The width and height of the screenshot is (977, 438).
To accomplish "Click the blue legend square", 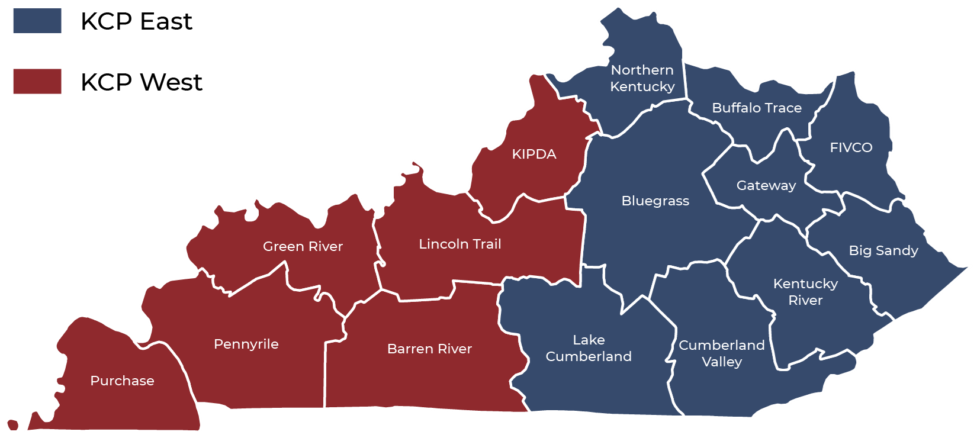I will point(37,21).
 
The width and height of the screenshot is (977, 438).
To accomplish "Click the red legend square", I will point(37,81).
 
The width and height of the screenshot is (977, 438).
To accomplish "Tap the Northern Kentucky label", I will point(642,78).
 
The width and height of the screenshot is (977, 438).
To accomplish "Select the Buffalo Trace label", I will point(757,108).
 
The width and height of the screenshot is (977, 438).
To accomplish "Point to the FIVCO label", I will point(851,147).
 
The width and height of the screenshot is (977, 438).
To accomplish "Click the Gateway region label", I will point(766,185).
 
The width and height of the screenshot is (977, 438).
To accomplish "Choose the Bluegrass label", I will point(655,201).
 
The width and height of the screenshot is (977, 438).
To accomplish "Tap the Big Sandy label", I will point(883,250).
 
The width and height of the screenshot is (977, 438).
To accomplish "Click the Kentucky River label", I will point(805,292).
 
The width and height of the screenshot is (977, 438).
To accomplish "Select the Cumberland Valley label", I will point(722,353).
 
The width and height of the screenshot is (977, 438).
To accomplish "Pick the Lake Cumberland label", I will point(589,348).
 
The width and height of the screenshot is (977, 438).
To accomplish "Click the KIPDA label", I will point(534,154).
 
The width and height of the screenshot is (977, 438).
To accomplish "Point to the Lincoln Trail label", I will point(460,244).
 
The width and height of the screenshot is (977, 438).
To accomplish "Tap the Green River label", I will point(303,246).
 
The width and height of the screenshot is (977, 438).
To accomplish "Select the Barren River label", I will point(429,349).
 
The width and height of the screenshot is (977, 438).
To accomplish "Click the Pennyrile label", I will point(246,344).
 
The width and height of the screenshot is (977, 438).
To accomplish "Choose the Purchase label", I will point(122,381).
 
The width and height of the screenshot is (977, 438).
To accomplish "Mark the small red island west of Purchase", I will point(13,424).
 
